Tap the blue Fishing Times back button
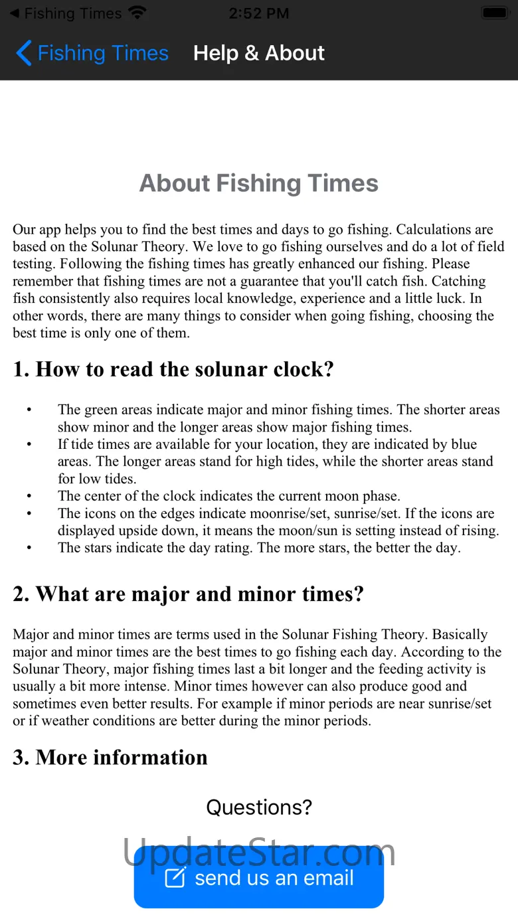tap(93, 53)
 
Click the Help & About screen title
tap(258, 53)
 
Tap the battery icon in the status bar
tap(494, 13)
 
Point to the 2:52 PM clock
tap(258, 13)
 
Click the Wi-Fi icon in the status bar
tap(137, 13)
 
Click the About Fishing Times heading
tap(258, 183)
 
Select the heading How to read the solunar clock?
tap(173, 369)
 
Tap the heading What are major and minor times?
tap(188, 594)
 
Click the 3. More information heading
tap(110, 757)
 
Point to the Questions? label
tap(258, 807)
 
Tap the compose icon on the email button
tap(175, 877)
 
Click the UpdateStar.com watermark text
tap(258, 851)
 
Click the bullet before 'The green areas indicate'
tap(29, 410)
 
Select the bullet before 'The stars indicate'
tap(29, 548)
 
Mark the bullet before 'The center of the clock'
tap(29, 497)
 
